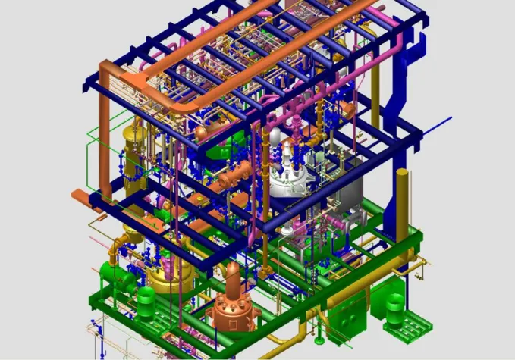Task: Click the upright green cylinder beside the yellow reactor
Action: coord(145,303)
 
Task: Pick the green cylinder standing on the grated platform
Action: coord(395,307)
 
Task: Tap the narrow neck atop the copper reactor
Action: coord(232,274)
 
